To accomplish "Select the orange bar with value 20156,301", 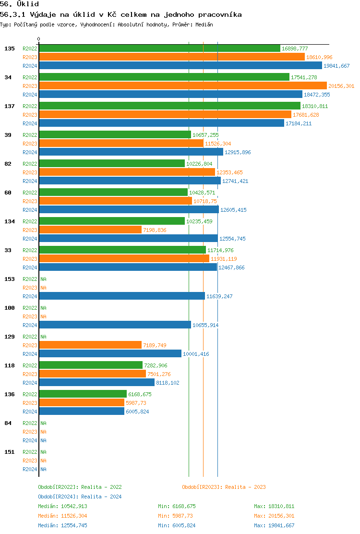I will coord(182,86).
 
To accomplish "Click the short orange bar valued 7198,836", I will coord(90,230).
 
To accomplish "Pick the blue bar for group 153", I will coord(122,296).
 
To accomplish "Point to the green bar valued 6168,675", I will coord(83,394).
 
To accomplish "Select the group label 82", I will coord(8,164).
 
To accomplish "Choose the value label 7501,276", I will coord(159,374).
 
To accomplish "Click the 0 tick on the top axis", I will coord(39,39).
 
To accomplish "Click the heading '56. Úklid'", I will coord(20,4).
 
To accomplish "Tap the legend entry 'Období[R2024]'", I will coord(58,497).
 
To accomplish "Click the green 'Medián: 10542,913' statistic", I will coord(62,506).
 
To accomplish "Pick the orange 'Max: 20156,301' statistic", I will coord(274,516).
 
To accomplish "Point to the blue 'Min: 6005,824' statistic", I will coord(177,525).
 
